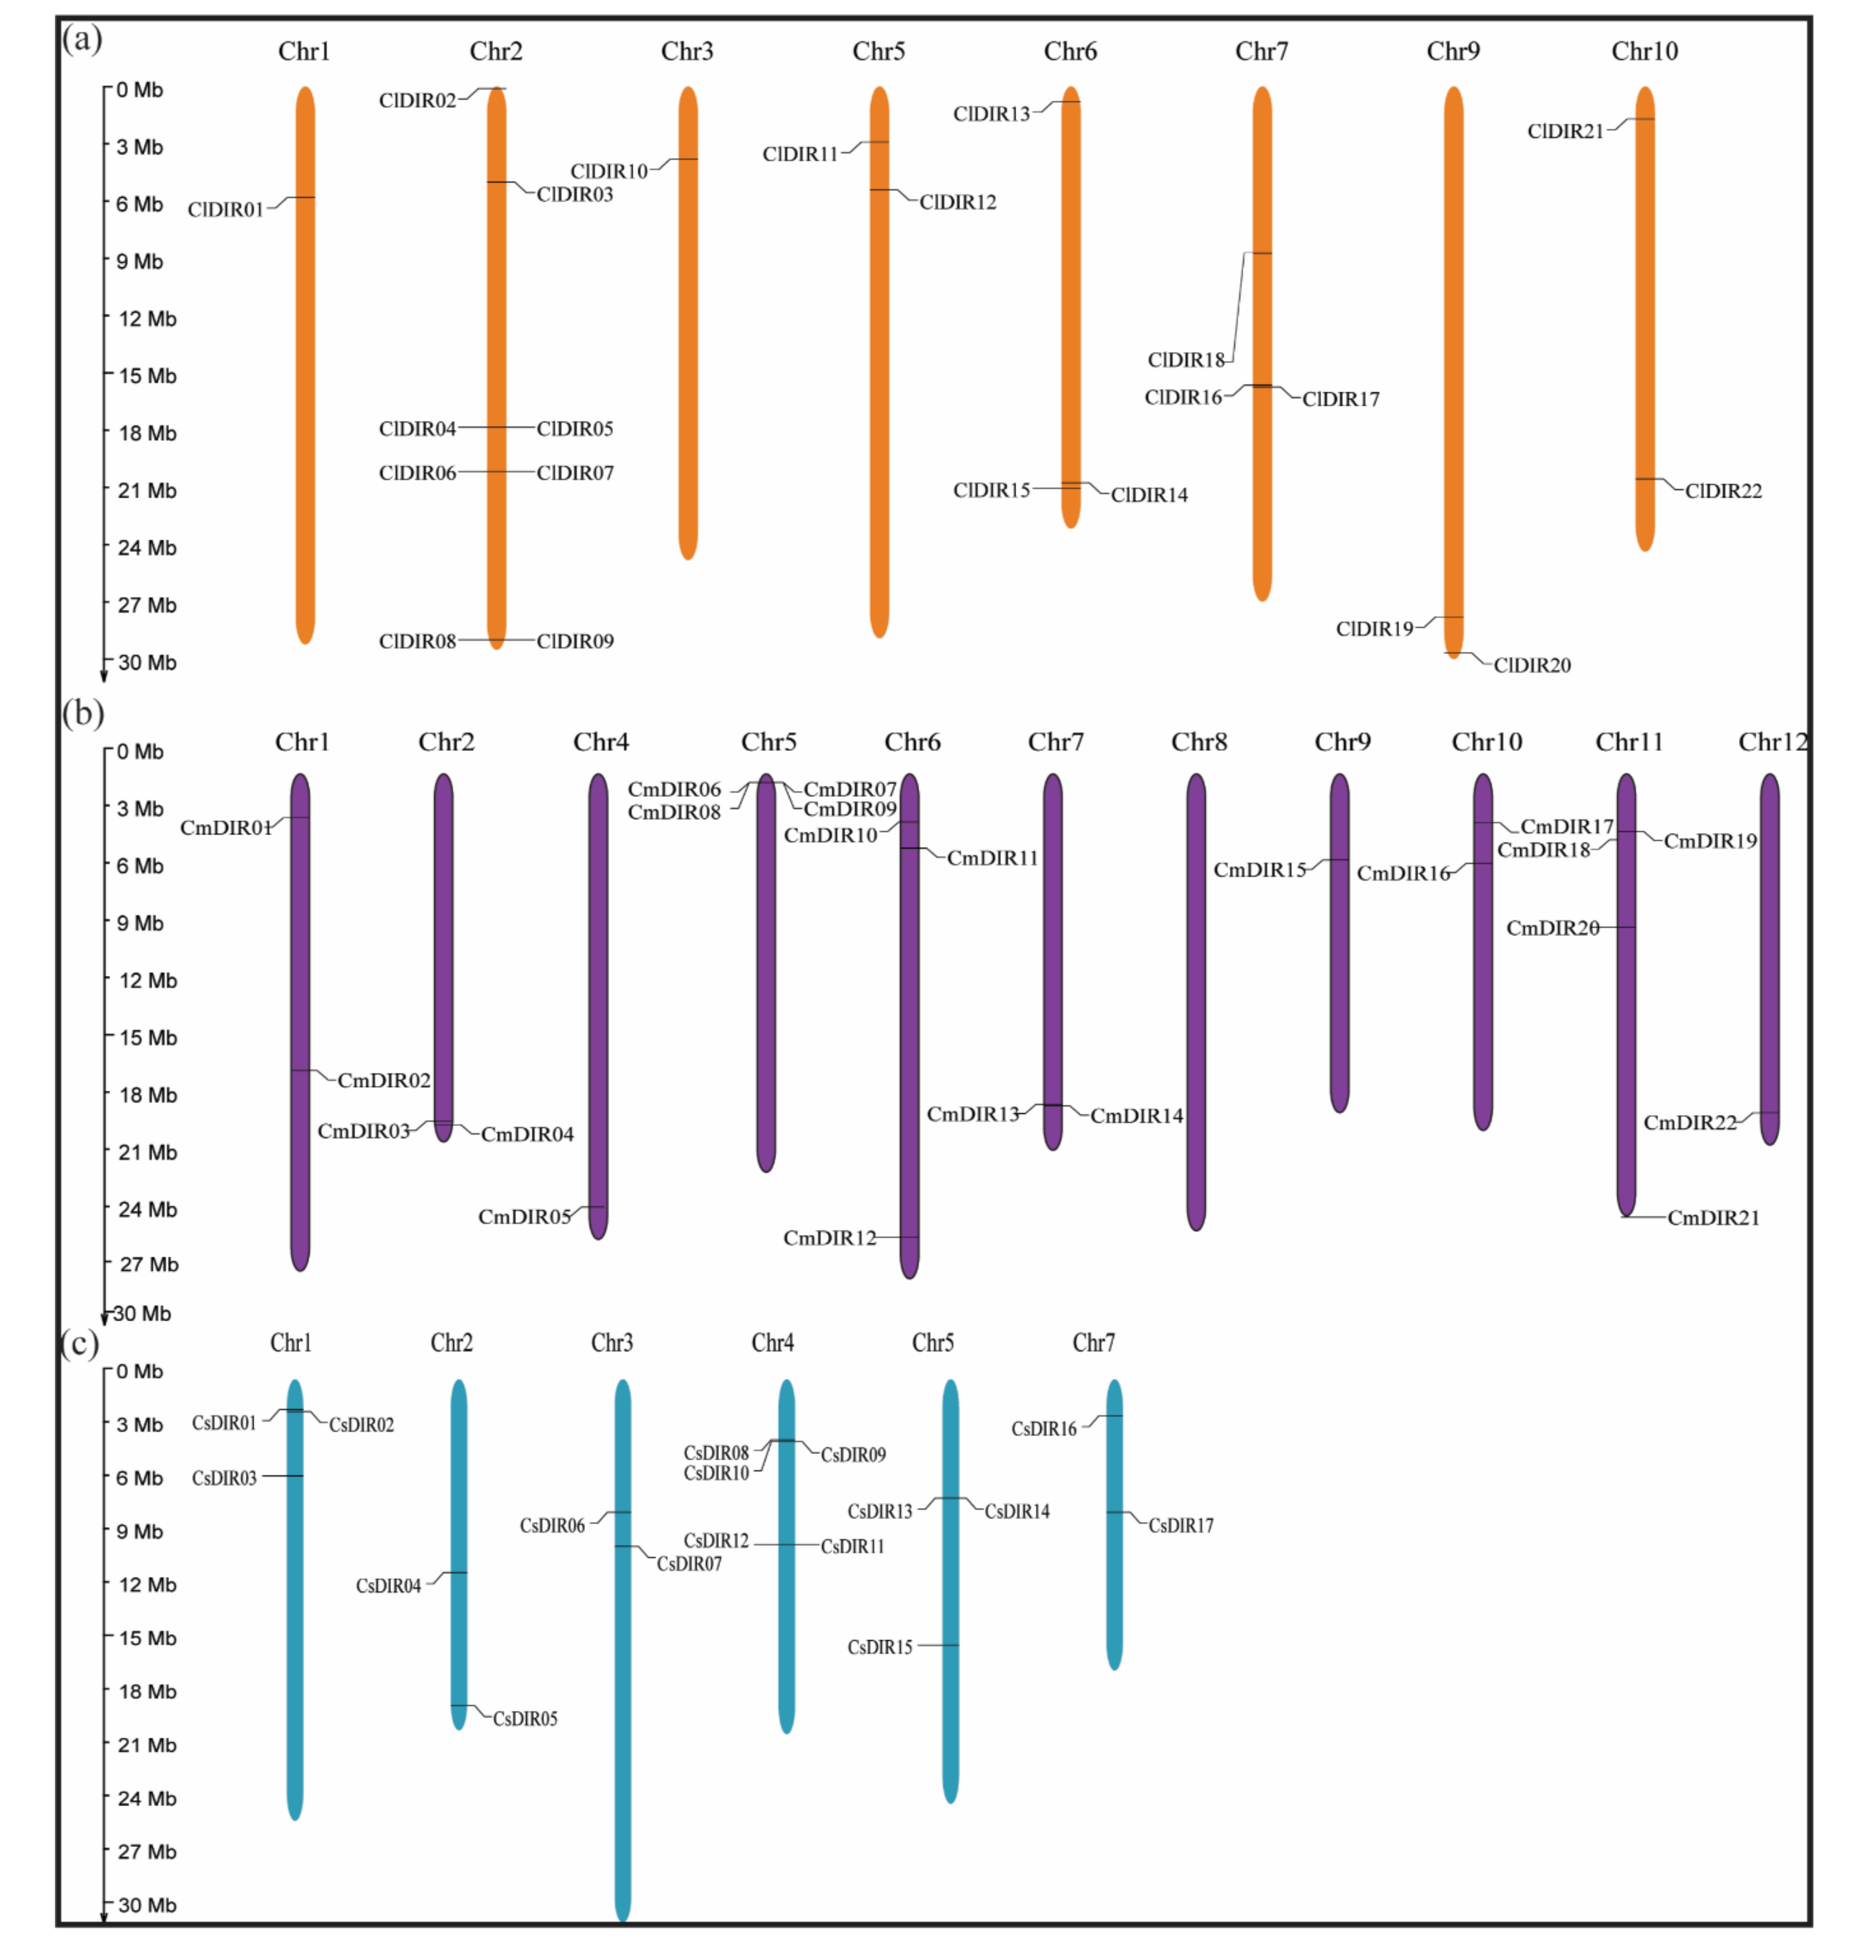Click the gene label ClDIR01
pyautogui.click(x=225, y=210)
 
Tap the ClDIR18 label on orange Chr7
pyautogui.click(x=1185, y=360)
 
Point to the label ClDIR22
pyautogui.click(x=1723, y=491)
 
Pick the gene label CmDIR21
pyautogui.click(x=1713, y=1218)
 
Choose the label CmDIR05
pyautogui.click(x=524, y=1217)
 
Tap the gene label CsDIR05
pyautogui.click(x=525, y=1719)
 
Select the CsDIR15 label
pyautogui.click(x=880, y=1647)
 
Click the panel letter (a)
pyautogui.click(x=82, y=40)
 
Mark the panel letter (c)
pyautogui.click(x=80, y=1344)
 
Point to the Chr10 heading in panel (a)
pyautogui.click(x=1643, y=52)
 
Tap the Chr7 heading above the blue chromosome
pyautogui.click(x=1093, y=1343)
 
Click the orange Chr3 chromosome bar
pyautogui.click(x=688, y=326)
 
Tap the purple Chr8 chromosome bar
pyautogui.click(x=1196, y=998)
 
